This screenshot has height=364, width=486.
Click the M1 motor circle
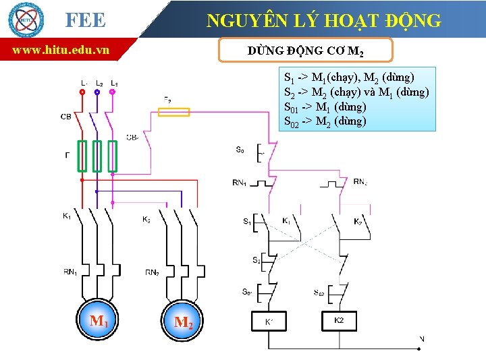(x=99, y=320)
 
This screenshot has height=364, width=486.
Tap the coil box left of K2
(x=269, y=321)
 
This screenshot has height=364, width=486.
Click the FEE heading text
(x=85, y=20)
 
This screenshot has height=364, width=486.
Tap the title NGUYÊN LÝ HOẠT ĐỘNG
(x=324, y=21)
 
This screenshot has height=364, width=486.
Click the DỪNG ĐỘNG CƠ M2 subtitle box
(x=306, y=50)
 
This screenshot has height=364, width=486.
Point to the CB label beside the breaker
(x=65, y=117)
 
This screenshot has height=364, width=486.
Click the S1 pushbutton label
(x=247, y=220)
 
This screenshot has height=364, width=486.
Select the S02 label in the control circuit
(x=319, y=292)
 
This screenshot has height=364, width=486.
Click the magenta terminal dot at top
(x=112, y=91)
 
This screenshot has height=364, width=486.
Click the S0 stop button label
(x=240, y=150)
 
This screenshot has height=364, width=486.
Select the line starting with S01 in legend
(x=325, y=107)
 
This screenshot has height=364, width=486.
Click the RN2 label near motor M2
(x=153, y=272)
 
